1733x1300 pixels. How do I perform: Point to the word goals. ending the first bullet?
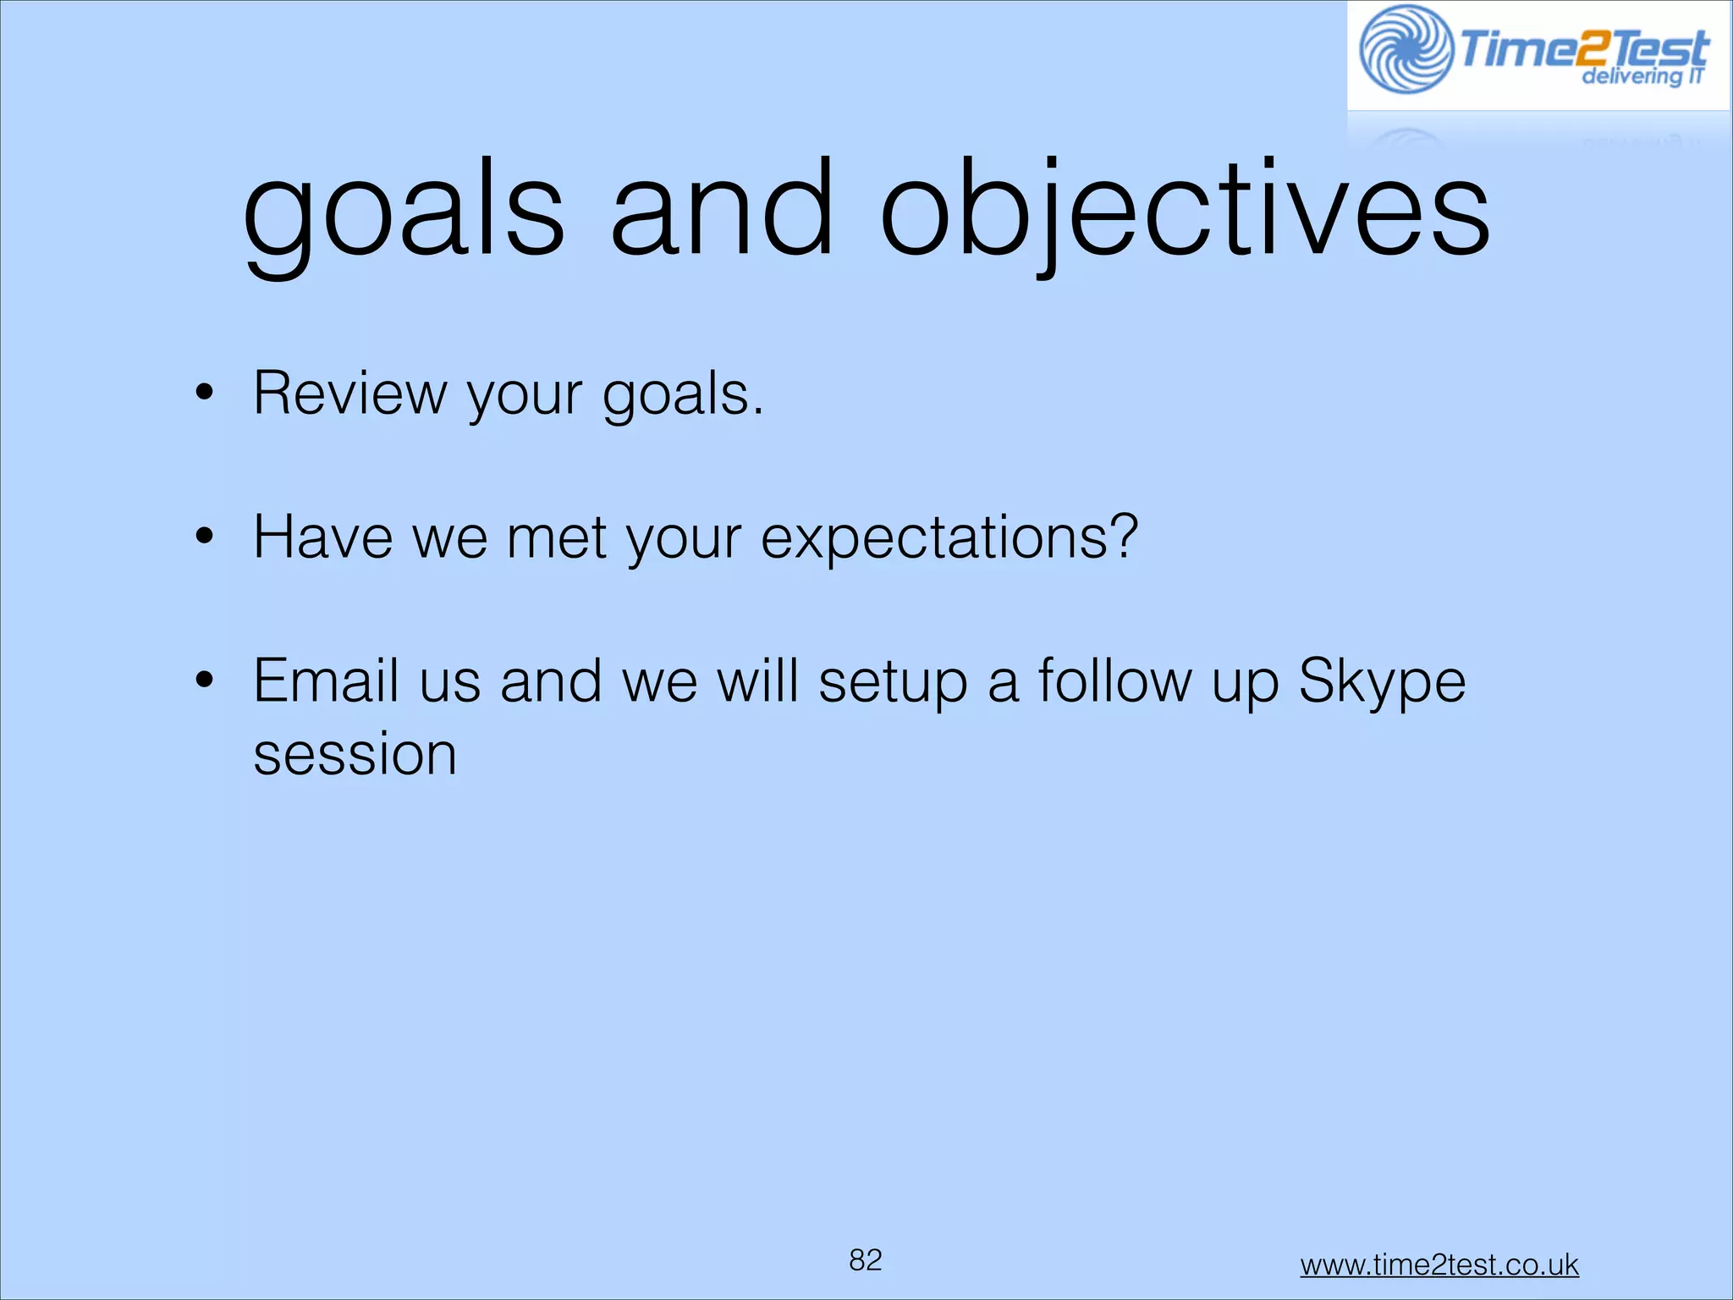[x=683, y=396]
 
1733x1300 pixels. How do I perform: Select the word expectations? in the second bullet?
[x=949, y=539]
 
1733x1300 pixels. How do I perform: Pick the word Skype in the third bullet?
[x=1381, y=682]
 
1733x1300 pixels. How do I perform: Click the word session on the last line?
[x=355, y=754]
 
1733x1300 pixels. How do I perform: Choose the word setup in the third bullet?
[x=893, y=682]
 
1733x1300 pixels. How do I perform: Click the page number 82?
[x=866, y=1260]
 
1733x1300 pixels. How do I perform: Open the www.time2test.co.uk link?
[x=1439, y=1264]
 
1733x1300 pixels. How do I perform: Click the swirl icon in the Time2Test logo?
[x=1406, y=49]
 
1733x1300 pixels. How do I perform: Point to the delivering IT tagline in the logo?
[x=1642, y=76]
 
